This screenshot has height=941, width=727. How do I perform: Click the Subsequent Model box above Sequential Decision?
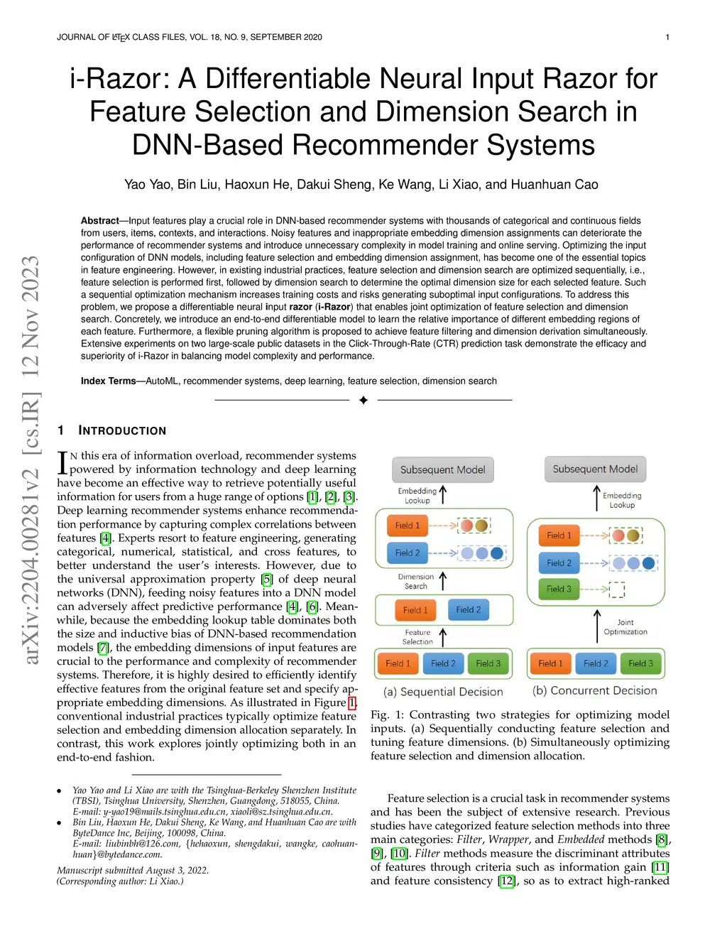click(442, 469)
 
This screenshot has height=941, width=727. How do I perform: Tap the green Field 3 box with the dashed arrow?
click(559, 589)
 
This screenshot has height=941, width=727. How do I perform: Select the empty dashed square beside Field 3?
click(616, 589)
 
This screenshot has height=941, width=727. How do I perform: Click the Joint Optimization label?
click(625, 627)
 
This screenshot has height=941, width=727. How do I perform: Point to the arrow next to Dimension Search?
click(443, 581)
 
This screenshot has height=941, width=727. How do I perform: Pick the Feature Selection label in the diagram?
click(417, 637)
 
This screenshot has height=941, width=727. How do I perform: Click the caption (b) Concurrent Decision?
click(594, 690)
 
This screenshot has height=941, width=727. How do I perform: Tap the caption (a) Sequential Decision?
click(443, 692)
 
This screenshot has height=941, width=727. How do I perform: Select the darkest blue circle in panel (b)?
click(648, 563)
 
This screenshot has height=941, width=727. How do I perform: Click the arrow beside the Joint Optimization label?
click(597, 626)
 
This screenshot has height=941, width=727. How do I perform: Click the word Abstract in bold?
click(99, 221)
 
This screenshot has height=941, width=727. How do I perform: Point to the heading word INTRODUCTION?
click(122, 430)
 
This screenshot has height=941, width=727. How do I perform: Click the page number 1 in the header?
click(667, 37)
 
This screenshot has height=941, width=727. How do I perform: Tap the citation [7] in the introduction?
click(104, 648)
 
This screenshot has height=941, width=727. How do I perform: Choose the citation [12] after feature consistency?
click(506, 881)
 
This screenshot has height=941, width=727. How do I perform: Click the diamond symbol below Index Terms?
click(363, 401)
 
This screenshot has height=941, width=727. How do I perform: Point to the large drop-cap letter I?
click(62, 462)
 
